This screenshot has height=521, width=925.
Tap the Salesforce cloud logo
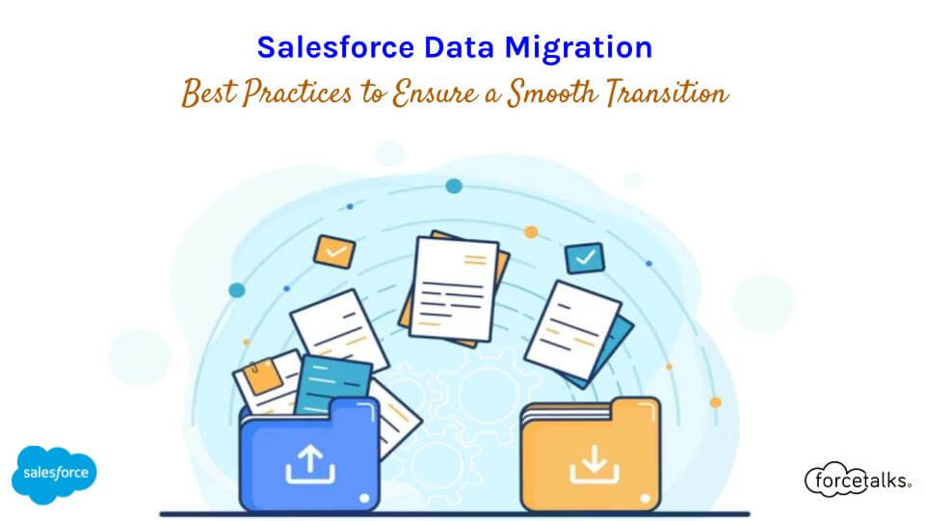[x=54, y=473]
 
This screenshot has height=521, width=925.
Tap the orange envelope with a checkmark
[x=334, y=251]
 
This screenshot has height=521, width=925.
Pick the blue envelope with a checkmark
[x=582, y=258]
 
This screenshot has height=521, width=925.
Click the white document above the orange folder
[x=573, y=328]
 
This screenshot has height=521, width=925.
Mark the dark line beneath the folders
[x=453, y=512]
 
